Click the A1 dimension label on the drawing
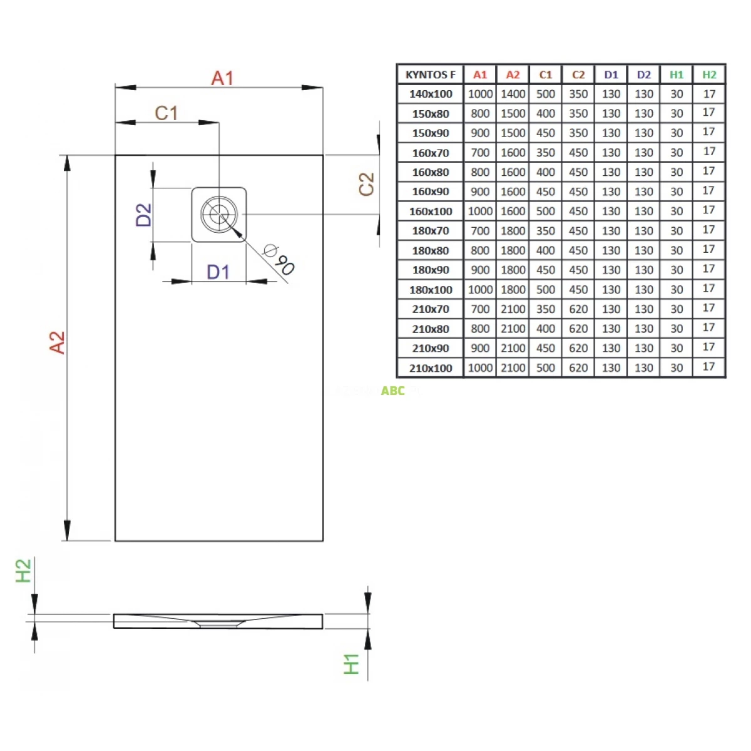coord(222,78)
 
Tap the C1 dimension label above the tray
coord(166,113)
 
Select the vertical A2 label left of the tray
coord(57,342)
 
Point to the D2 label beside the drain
coord(144,215)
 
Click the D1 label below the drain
coord(218,272)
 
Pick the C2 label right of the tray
coord(366,184)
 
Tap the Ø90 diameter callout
coord(279,259)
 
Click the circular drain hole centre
coord(219,215)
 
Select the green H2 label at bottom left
coord(23,571)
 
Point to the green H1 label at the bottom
coord(352,664)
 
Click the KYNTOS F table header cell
coord(431,74)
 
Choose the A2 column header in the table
coord(513,74)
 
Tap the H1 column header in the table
coord(677,74)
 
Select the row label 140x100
coord(431,94)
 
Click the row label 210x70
coord(431,309)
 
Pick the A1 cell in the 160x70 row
coord(480,153)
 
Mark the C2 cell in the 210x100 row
coord(578,368)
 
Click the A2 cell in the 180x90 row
coord(513,270)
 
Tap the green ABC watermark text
coord(393,391)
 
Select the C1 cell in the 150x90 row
coord(546,133)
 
